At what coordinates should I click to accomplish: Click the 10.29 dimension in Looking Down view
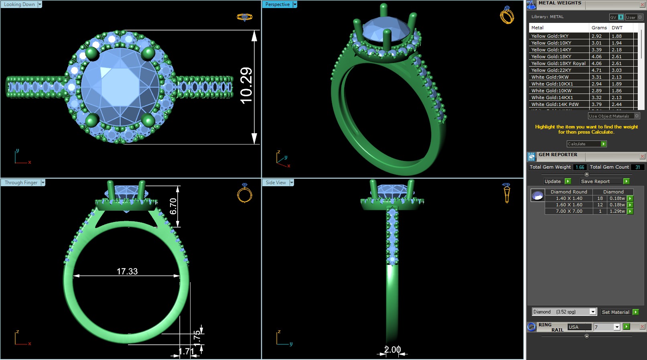click(246, 85)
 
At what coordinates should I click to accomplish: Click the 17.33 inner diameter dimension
click(127, 272)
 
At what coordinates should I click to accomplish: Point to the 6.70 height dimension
click(173, 206)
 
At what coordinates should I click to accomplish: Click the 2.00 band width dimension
click(392, 350)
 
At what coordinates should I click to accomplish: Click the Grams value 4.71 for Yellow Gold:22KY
click(596, 70)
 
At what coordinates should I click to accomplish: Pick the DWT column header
click(617, 28)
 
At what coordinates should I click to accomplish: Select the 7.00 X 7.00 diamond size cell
click(569, 211)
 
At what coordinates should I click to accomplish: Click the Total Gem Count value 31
click(637, 167)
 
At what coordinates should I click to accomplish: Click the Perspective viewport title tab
click(277, 4)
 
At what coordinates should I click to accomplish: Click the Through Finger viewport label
click(21, 183)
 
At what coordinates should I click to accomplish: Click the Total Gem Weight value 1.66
click(580, 167)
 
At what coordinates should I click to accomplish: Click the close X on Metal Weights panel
click(642, 5)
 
